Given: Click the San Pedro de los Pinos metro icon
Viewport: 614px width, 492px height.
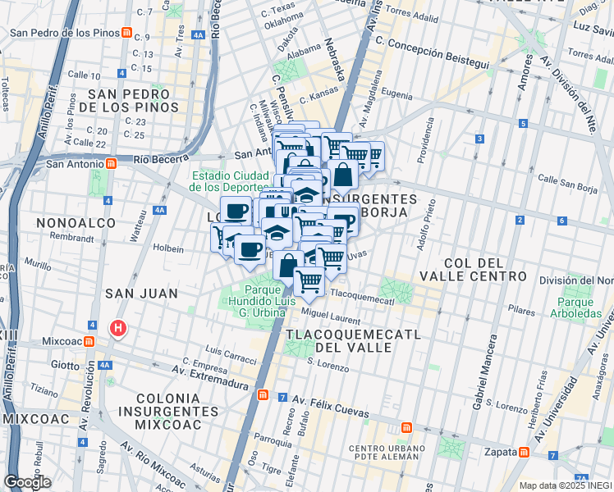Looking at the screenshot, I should [x=126, y=34].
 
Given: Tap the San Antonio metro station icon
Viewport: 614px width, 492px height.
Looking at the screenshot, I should [x=110, y=163].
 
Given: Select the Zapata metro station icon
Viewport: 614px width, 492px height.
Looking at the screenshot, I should [x=523, y=452].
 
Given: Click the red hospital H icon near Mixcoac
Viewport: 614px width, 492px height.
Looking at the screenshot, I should [x=118, y=330].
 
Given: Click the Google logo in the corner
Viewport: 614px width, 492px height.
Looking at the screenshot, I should [x=27, y=482].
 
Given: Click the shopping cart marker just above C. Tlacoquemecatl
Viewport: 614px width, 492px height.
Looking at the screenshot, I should [x=309, y=281].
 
